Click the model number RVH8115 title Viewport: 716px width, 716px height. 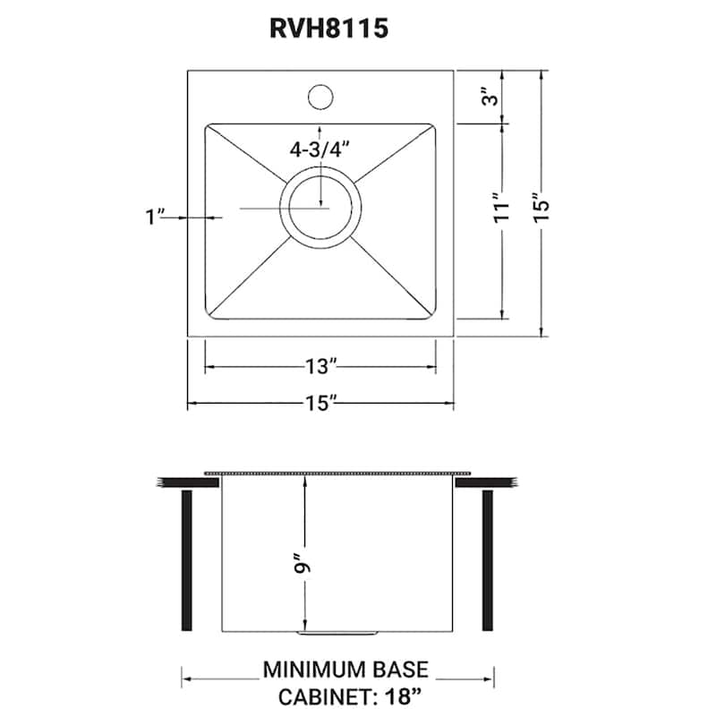pyautogui.click(x=328, y=29)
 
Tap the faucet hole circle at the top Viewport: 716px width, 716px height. pyautogui.click(x=320, y=94)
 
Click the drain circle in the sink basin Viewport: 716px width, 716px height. pyautogui.click(x=320, y=209)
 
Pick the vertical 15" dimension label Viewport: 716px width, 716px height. pyautogui.click(x=539, y=207)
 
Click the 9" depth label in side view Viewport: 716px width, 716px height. pyautogui.click(x=304, y=565)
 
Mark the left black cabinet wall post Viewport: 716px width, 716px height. pyautogui.click(x=187, y=559)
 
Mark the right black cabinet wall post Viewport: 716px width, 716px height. pyautogui.click(x=488, y=559)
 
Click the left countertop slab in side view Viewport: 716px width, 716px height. pyautogui.click(x=188, y=482)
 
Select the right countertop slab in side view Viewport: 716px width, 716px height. pyautogui.click(x=487, y=482)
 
